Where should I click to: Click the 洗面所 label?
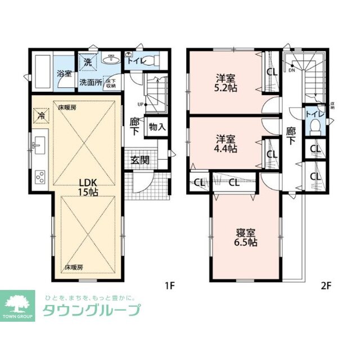90,82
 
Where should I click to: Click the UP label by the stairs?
139,104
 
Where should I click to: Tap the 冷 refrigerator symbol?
41,114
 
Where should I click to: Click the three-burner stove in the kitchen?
40,177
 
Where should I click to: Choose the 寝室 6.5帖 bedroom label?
245,236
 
